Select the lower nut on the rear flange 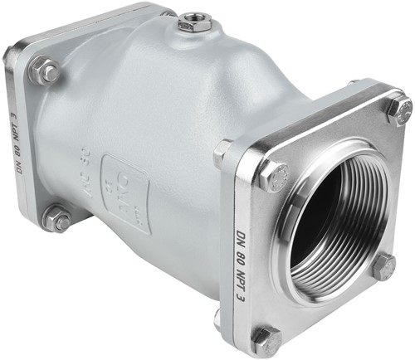[x=56, y=219]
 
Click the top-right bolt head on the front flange [x=399, y=110]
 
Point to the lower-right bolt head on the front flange [x=383, y=267]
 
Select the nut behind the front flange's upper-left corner [x=222, y=151]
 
